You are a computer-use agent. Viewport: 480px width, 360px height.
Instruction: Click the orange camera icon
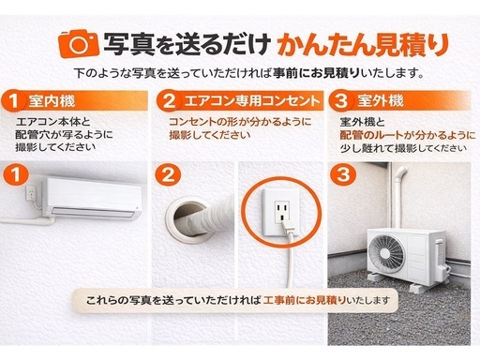click(x=79, y=43)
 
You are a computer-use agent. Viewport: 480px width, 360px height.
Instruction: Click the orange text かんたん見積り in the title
click(x=363, y=44)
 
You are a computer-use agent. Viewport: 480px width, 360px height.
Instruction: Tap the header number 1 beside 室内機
click(x=13, y=101)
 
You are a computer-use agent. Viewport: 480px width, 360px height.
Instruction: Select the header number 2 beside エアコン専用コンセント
click(x=169, y=101)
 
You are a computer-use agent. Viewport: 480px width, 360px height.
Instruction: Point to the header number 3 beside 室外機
click(x=341, y=101)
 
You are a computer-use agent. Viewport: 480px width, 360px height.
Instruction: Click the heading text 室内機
click(x=52, y=101)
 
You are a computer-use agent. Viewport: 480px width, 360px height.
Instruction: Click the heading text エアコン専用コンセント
click(x=252, y=101)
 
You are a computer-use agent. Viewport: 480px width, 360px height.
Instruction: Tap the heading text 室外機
click(x=381, y=101)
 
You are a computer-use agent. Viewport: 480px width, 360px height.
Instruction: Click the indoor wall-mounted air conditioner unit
click(x=92, y=198)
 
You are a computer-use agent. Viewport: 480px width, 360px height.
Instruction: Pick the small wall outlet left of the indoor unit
click(x=30, y=193)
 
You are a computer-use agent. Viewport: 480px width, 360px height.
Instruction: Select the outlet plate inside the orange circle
click(x=281, y=212)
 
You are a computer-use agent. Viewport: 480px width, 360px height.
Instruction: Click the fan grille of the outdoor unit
click(x=385, y=252)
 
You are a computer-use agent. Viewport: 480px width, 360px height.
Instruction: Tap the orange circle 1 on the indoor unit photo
click(x=16, y=175)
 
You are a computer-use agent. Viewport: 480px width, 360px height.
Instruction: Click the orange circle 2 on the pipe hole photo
click(x=168, y=175)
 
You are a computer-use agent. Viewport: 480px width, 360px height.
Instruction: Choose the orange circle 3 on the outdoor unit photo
click(x=343, y=175)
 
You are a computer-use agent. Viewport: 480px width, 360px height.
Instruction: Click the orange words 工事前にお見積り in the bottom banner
click(x=305, y=301)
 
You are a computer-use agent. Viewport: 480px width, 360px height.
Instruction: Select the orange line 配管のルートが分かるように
click(x=408, y=135)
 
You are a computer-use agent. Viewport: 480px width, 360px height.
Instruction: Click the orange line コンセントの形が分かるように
click(x=240, y=122)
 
